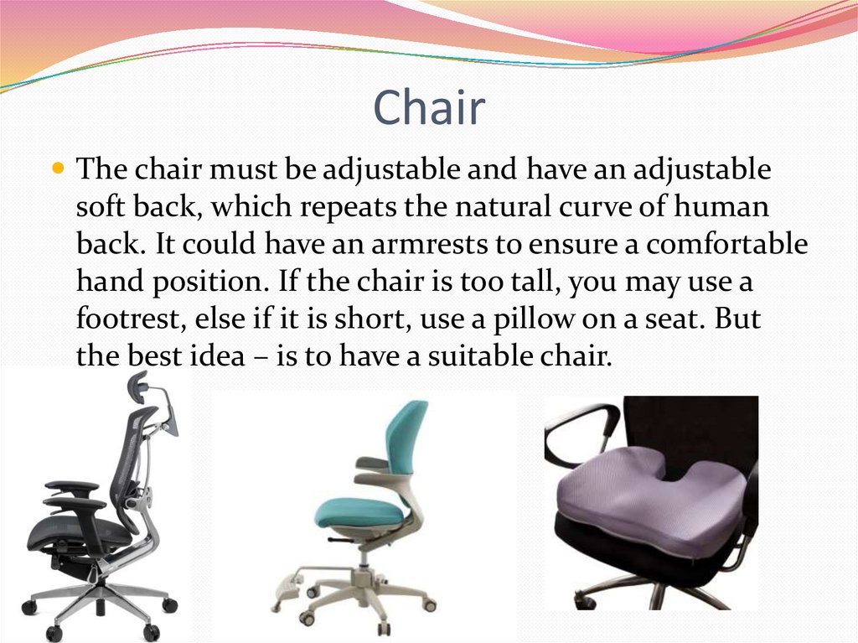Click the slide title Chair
[429, 108]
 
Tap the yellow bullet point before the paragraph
[58, 169]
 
